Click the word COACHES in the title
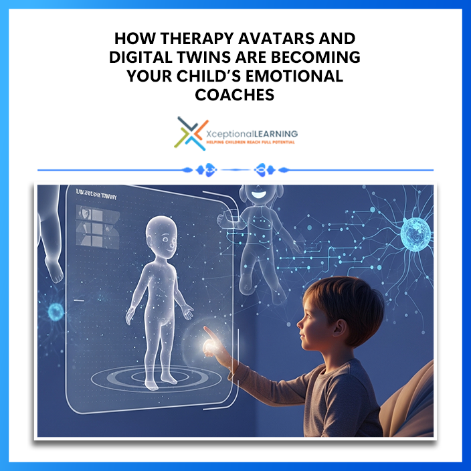235,95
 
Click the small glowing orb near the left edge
54,311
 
